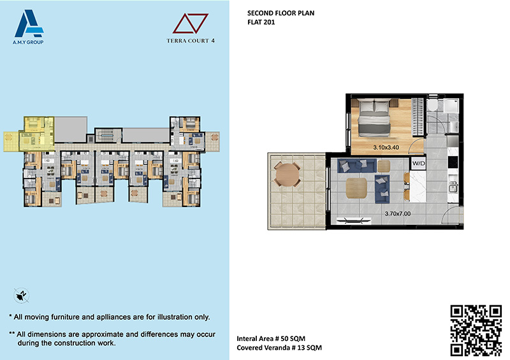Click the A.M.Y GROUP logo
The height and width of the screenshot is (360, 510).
(x=29, y=27)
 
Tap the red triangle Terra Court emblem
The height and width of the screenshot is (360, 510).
(x=190, y=24)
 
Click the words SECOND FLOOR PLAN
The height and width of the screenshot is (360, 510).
(x=280, y=13)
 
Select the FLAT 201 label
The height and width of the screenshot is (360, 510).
(x=261, y=22)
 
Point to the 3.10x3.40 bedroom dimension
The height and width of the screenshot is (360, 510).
(x=386, y=147)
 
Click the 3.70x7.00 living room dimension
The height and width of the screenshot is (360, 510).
(x=397, y=213)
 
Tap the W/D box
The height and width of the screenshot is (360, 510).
(x=418, y=163)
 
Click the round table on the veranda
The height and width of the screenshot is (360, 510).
(x=288, y=175)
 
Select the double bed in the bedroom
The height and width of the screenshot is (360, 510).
(x=374, y=118)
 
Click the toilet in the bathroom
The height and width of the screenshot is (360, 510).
(x=432, y=106)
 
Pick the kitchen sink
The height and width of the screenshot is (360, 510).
(x=453, y=187)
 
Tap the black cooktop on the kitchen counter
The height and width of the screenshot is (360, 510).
(x=453, y=162)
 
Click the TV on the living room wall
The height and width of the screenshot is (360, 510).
(x=353, y=221)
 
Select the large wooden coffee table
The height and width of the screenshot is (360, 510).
(x=356, y=188)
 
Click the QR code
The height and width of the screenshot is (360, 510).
(x=476, y=330)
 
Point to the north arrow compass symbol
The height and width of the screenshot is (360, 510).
(x=22, y=296)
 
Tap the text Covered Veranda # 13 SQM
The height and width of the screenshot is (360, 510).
(x=279, y=348)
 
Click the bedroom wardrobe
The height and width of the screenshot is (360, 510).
(x=418, y=117)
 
